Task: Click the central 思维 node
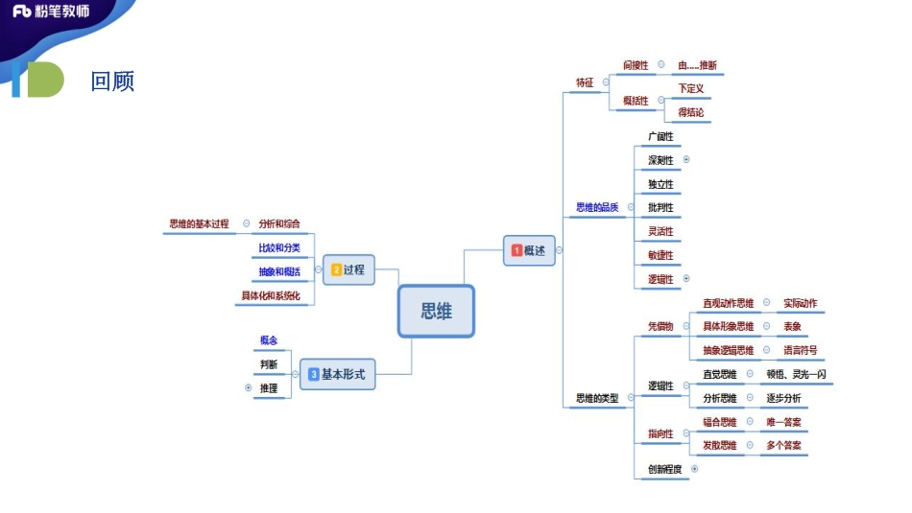(436, 312)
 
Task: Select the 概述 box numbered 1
(529, 250)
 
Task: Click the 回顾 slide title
(112, 82)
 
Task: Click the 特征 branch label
(585, 82)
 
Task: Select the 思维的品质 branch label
(597, 207)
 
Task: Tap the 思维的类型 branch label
(597, 397)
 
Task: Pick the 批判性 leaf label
(660, 207)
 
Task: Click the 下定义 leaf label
(691, 88)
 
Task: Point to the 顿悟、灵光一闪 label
(796, 374)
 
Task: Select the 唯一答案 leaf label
(784, 421)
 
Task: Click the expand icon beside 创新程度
(694, 469)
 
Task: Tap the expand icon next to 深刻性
(686, 160)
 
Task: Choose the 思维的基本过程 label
(200, 223)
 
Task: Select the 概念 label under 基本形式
(268, 340)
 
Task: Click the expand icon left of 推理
(248, 388)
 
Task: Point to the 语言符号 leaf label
(800, 350)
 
